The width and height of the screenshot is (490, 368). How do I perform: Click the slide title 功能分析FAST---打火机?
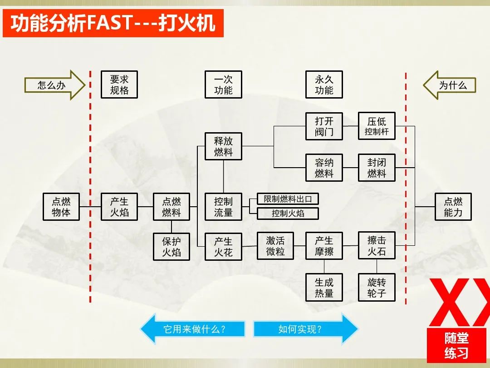coord(113,23)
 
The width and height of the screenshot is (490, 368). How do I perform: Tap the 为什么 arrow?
coord(450,85)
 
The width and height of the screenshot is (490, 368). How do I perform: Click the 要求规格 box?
coord(119,85)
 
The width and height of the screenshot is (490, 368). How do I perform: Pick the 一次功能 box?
coord(223,85)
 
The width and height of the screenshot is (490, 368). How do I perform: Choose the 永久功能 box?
coord(324,85)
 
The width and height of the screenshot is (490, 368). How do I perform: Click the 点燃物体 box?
coord(61,207)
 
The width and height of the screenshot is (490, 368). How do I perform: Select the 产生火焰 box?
coord(119,207)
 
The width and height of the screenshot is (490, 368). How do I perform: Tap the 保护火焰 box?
coord(171,247)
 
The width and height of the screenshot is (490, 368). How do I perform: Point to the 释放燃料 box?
coord(223,146)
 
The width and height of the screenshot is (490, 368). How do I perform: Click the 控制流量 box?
coord(223,207)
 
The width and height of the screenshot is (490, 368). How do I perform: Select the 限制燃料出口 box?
coord(288,199)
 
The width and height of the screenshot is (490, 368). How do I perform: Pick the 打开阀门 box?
coord(324,126)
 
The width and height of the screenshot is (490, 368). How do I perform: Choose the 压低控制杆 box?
coord(377,126)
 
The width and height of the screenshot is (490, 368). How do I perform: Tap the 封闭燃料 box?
coord(377,168)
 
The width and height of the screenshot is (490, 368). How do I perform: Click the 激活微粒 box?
coord(275,246)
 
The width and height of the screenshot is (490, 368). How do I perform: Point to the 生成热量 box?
coord(324,288)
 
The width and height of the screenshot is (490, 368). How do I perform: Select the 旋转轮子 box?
coord(377,288)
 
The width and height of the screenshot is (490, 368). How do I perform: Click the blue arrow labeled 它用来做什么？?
coord(193,328)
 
